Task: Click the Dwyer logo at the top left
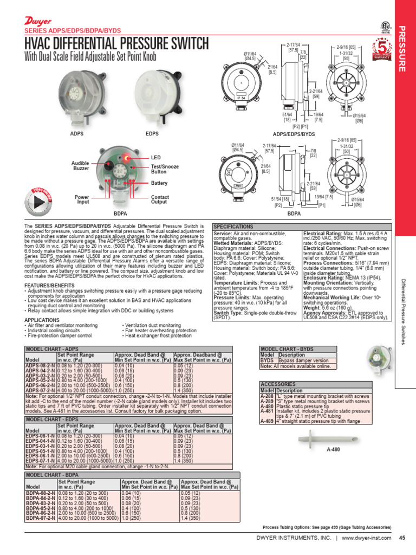coord(36,21)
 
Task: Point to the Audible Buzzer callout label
coord(80,165)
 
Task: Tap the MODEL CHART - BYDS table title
coord(288,349)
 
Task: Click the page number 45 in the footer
coord(402,538)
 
